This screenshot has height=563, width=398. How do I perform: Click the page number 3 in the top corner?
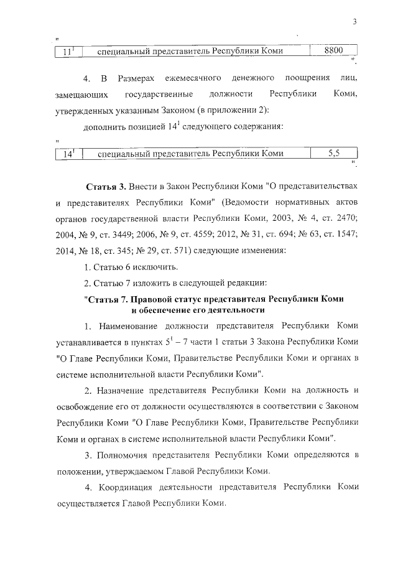tap(353, 24)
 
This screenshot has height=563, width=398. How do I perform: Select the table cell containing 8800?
tap(334, 51)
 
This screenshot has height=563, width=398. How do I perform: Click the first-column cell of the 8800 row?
tap(68, 52)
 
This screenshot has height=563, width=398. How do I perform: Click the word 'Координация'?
tap(129, 488)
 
